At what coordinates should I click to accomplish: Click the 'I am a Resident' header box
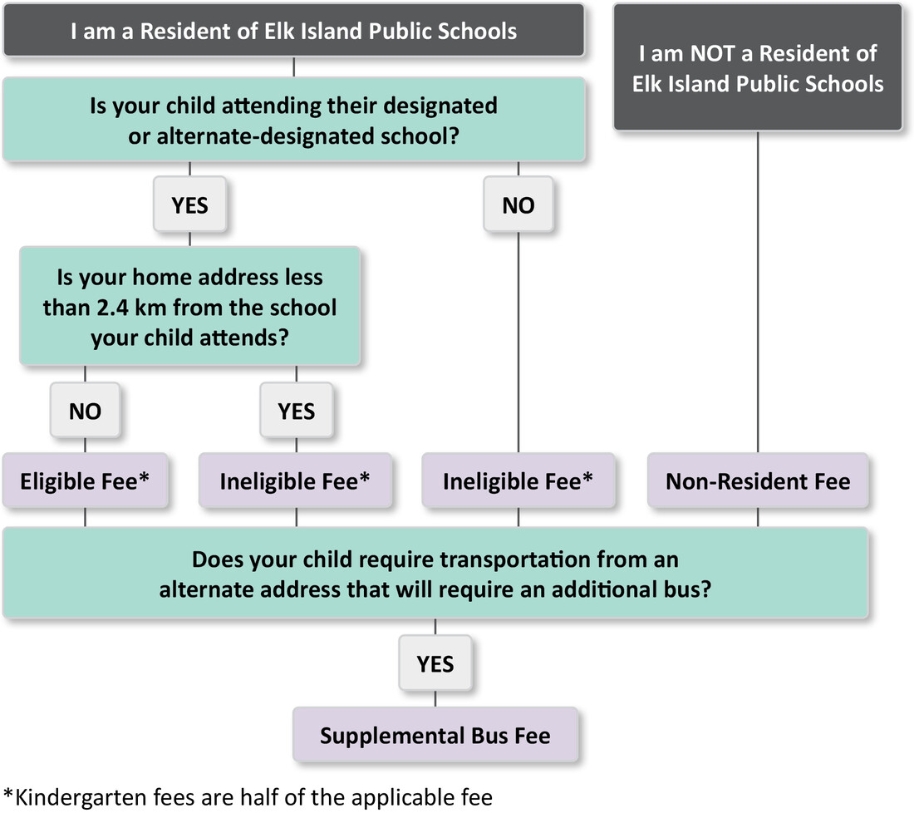pyautogui.click(x=294, y=30)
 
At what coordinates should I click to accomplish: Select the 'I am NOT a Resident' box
pyautogui.click(x=758, y=67)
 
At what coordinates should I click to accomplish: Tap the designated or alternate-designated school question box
pyautogui.click(x=294, y=121)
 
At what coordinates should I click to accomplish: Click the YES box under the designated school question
pyautogui.click(x=190, y=204)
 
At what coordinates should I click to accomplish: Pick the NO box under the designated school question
pyautogui.click(x=518, y=204)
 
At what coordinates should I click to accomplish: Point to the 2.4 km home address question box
pyautogui.click(x=190, y=307)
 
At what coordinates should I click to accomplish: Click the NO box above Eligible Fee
pyautogui.click(x=85, y=411)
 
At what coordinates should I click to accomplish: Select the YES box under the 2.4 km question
pyautogui.click(x=297, y=411)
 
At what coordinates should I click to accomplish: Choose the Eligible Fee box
pyautogui.click(x=85, y=480)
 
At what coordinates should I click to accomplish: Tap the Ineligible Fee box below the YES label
pyautogui.click(x=296, y=480)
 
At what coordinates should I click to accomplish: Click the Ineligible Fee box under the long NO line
pyautogui.click(x=518, y=480)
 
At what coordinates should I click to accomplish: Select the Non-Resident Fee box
pyautogui.click(x=758, y=480)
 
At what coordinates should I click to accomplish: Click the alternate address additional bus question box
pyautogui.click(x=435, y=574)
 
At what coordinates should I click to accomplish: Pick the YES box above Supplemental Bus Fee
pyautogui.click(x=435, y=663)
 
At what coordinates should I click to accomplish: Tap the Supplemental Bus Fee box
pyautogui.click(x=435, y=735)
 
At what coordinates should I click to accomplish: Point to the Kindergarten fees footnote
pyautogui.click(x=248, y=797)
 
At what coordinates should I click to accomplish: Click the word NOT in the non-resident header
pyautogui.click(x=712, y=54)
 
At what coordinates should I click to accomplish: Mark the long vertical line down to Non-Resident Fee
pyautogui.click(x=758, y=292)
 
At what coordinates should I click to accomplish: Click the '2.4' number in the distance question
pyautogui.click(x=112, y=308)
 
